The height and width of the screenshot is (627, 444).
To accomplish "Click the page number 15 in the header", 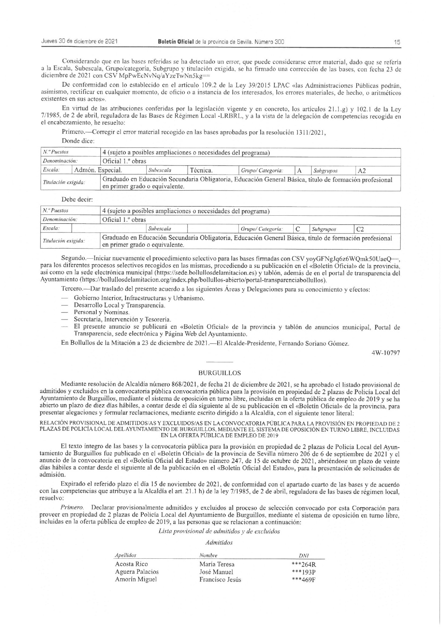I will (397, 42).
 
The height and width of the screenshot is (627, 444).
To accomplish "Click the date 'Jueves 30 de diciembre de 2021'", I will (79, 41).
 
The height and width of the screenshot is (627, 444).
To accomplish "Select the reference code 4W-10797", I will (386, 352).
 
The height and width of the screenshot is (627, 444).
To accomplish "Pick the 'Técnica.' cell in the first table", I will (202, 170).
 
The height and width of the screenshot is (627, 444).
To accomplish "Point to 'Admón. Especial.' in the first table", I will (98, 170).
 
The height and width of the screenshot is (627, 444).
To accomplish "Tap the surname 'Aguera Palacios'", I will (136, 572).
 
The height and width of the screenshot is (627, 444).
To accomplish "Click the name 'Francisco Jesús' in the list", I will (220, 579).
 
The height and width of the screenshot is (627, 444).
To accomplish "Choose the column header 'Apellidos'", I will (125, 555).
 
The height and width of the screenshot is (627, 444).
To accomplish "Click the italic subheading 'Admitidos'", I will (219, 543).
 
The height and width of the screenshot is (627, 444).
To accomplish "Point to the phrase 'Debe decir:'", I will (77, 199).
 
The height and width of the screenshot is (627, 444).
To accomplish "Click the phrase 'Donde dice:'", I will (78, 141).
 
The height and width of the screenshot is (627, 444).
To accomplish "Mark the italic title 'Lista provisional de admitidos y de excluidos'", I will (219, 531).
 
